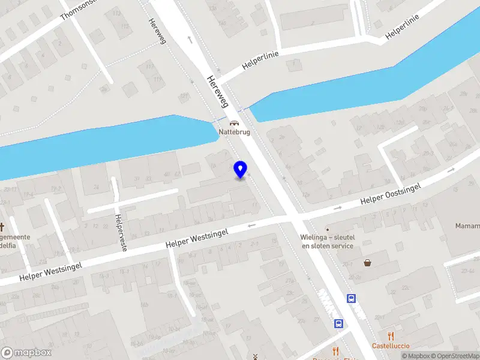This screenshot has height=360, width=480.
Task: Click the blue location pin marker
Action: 241,170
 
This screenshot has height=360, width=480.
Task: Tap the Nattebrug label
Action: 235,132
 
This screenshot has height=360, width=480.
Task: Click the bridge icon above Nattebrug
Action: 233,122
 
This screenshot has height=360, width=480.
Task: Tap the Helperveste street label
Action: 121,233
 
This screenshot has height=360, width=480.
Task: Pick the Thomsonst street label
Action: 83,11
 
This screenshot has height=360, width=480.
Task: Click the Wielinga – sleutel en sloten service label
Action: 328,241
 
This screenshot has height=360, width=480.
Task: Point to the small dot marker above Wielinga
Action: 328,229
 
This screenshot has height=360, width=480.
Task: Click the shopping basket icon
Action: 367,263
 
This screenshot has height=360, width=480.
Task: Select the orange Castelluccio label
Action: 391,346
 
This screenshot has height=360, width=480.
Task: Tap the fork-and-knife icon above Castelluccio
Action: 391,336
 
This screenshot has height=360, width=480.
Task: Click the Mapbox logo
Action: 26,353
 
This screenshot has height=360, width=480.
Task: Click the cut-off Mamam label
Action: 467,226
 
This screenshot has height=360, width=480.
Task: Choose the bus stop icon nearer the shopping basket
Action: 352,298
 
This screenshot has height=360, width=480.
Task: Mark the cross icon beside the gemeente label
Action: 2,227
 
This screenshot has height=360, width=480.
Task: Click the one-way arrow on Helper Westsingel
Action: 251,226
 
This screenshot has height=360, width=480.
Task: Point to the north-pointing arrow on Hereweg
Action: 190,40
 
